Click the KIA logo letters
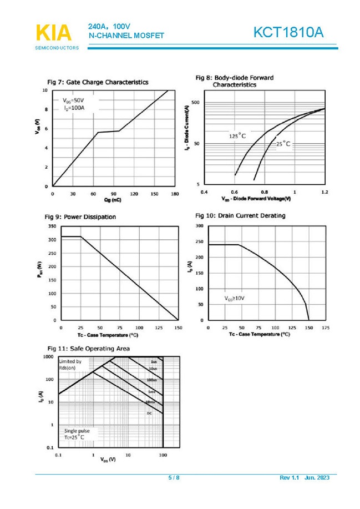pos(54,33)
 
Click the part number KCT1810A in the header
pos(287,33)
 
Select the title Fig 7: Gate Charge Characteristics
pos(98,82)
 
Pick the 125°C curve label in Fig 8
pos(237,135)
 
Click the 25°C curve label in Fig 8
pos(283,144)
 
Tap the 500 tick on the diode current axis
pos(195,103)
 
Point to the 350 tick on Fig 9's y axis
pos(51,226)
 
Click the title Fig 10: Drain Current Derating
pos(240,215)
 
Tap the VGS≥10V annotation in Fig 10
pos(235,298)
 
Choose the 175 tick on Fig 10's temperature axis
pos(326,328)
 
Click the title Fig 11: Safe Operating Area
pos(89,349)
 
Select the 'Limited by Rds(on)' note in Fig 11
pos(70,365)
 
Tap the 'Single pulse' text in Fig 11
pos(77,430)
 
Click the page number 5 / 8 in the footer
pos(174,478)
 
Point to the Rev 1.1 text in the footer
pos(288,478)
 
